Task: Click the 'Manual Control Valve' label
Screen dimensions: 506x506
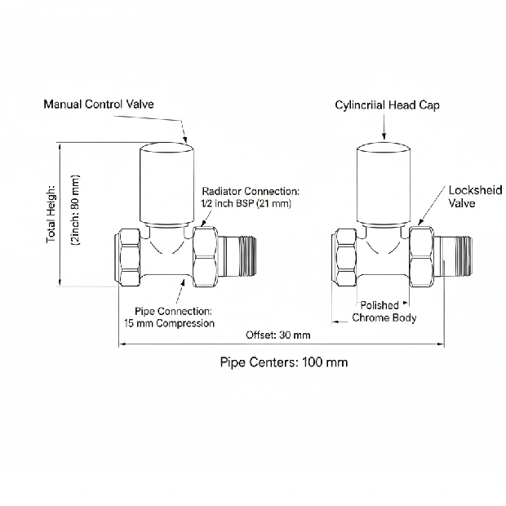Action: click(99, 104)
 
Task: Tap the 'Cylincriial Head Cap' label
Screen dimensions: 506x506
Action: click(387, 105)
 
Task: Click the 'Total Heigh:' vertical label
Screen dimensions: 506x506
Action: click(51, 215)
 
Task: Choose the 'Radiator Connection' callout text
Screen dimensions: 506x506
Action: click(245, 190)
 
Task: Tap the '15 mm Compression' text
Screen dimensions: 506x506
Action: click(169, 323)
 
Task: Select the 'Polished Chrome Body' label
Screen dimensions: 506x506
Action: click(384, 311)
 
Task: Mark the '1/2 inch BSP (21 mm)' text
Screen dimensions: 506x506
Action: click(245, 202)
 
